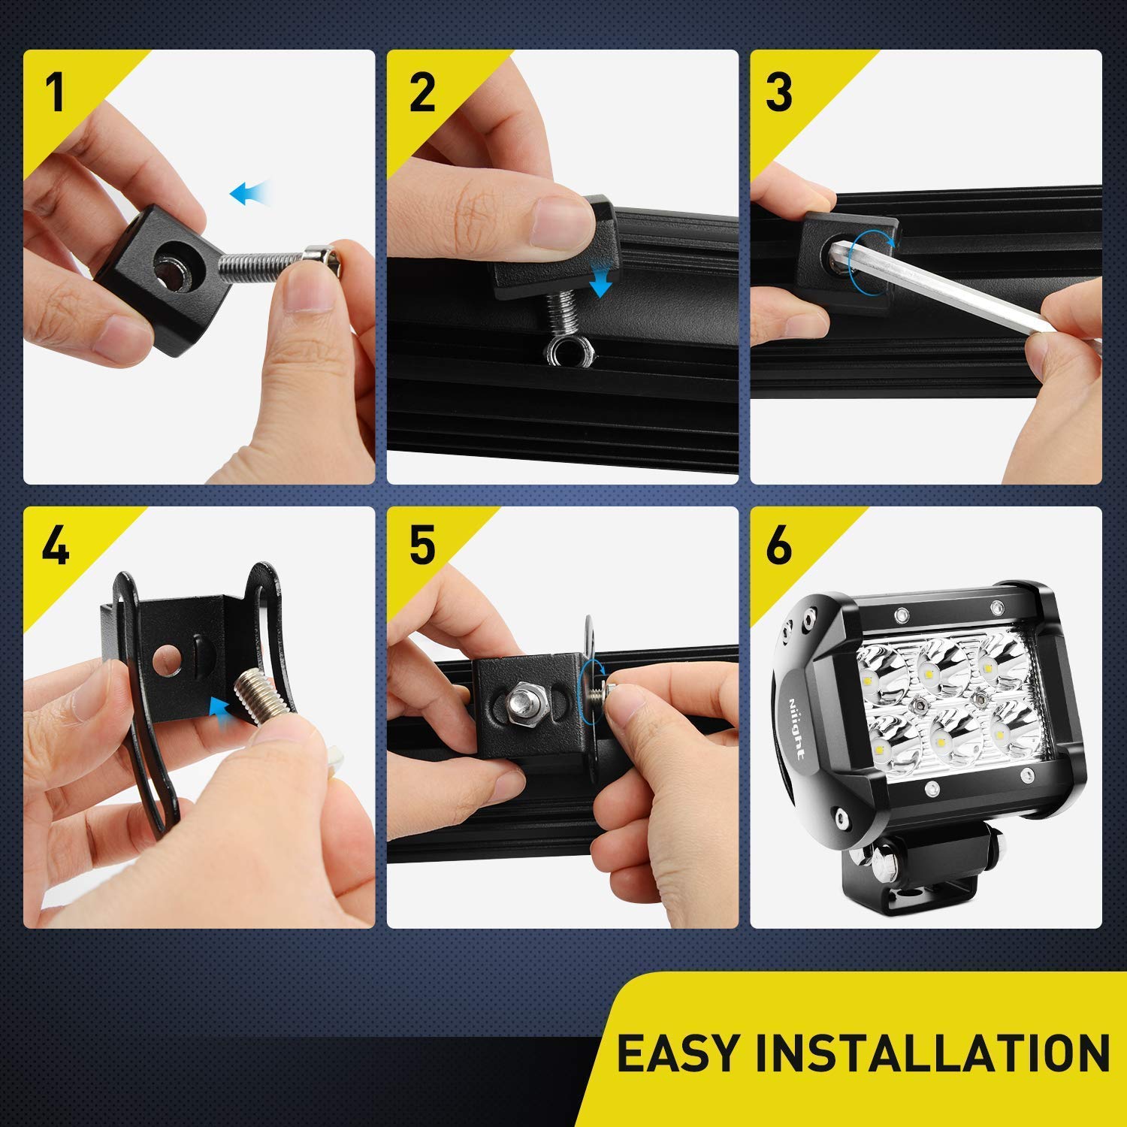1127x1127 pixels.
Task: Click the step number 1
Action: coord(54,92)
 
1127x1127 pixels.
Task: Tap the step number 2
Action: coord(422,92)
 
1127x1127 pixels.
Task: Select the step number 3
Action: coord(779,92)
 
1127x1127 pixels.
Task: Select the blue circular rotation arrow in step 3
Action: coord(871,256)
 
